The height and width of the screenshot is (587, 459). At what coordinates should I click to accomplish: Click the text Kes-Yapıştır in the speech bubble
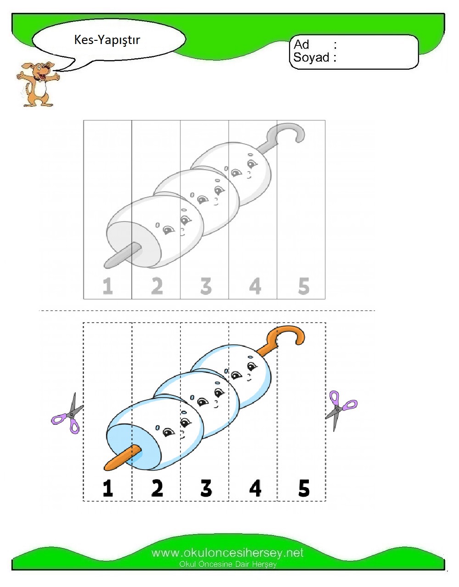pyautogui.click(x=107, y=40)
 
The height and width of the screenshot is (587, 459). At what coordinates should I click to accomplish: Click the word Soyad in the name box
pyautogui.click(x=311, y=58)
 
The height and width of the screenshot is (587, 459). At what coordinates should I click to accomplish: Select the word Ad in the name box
pyautogui.click(x=302, y=44)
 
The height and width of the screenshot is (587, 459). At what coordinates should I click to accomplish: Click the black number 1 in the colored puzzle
pyautogui.click(x=108, y=488)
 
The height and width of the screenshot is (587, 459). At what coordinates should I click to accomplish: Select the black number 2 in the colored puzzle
pyautogui.click(x=157, y=488)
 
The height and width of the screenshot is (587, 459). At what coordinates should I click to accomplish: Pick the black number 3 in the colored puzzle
pyautogui.click(x=206, y=488)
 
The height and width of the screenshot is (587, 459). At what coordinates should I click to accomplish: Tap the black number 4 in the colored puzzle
pyautogui.click(x=255, y=488)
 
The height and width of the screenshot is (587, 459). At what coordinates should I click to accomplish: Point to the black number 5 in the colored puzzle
pyautogui.click(x=304, y=488)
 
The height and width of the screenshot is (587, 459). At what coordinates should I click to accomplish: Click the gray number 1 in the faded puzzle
pyautogui.click(x=108, y=286)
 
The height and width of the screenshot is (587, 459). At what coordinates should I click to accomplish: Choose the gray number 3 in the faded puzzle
pyautogui.click(x=206, y=286)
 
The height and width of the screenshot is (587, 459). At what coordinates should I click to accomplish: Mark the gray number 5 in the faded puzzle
pyautogui.click(x=304, y=286)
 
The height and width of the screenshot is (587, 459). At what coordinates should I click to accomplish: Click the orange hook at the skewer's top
pyautogui.click(x=289, y=335)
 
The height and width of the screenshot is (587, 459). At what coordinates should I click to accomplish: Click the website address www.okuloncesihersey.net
pyautogui.click(x=227, y=553)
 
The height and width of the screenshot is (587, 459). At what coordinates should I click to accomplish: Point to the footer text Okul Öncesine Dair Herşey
pyautogui.click(x=228, y=564)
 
